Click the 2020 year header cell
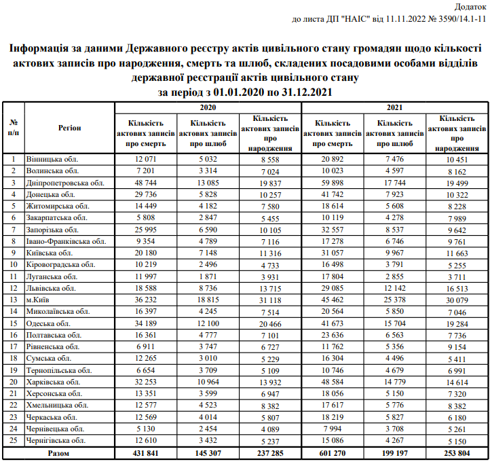tap(208, 107)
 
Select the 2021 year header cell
tap(394, 107)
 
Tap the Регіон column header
tap(69, 127)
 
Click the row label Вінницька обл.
tap(53, 159)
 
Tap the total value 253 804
tap(457, 452)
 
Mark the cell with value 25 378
tap(394, 300)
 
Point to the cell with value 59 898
tap(332, 183)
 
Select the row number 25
tap(13, 440)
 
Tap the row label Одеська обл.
tap(50, 323)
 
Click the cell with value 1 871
tap(208, 276)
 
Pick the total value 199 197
tap(394, 452)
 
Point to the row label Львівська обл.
tap(52, 288)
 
